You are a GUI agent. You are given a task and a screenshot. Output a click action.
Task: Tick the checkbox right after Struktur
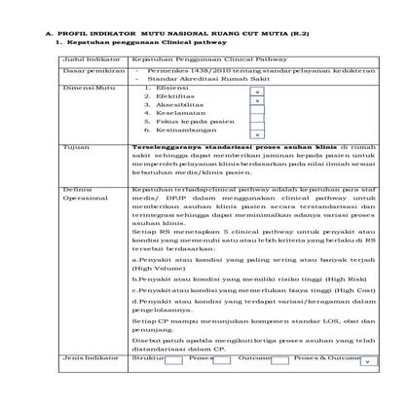(174, 361)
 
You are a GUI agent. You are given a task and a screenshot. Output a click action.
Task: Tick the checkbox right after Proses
(222, 361)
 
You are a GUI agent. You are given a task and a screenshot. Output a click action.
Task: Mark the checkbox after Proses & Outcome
(368, 361)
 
